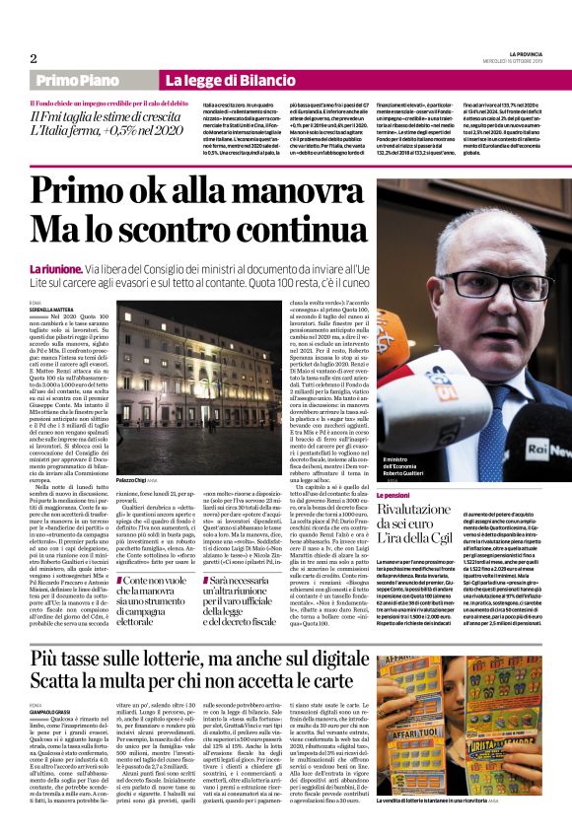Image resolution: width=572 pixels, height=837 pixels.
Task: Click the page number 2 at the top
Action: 33,59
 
